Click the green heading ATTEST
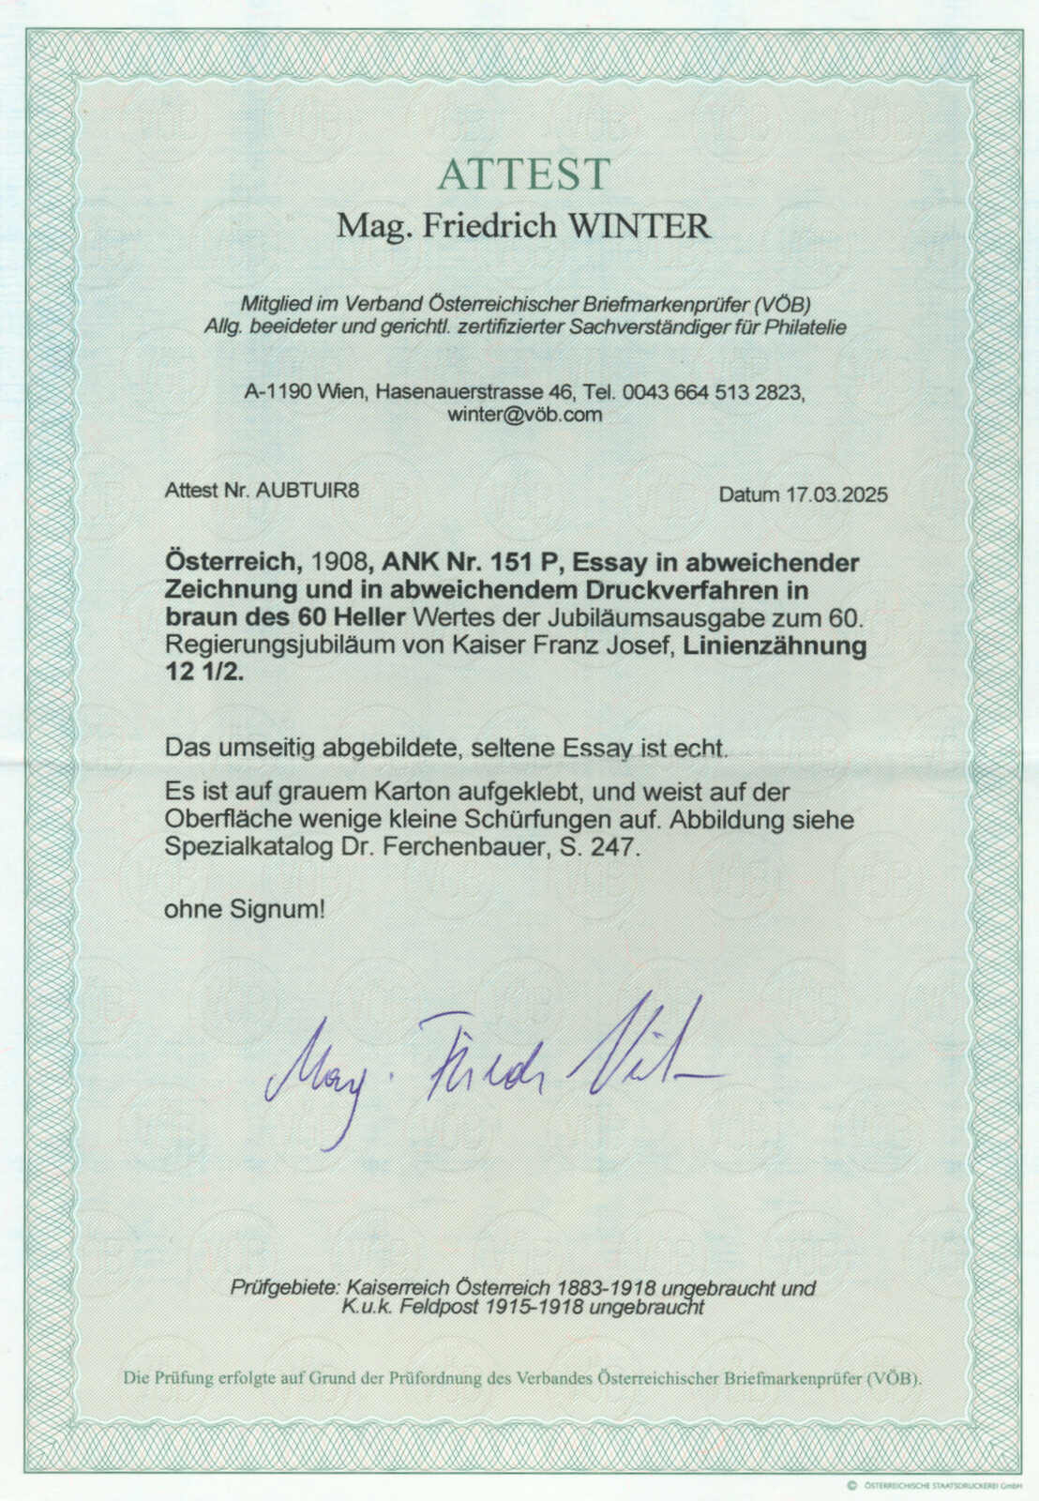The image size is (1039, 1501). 523,174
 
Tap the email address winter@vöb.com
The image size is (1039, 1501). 524,415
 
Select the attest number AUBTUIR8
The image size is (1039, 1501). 308,490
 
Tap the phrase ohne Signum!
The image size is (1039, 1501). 245,908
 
